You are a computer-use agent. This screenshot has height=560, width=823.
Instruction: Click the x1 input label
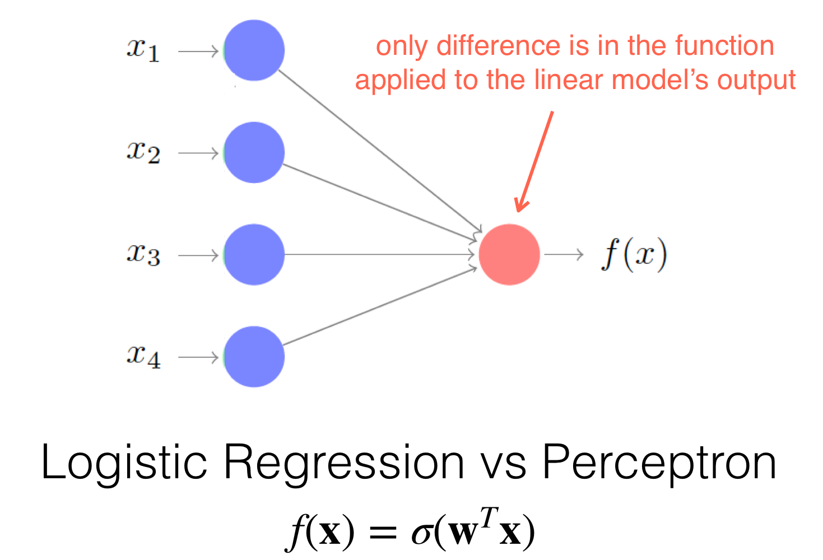pyautogui.click(x=143, y=50)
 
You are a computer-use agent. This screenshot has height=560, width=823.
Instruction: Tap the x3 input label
pyautogui.click(x=143, y=254)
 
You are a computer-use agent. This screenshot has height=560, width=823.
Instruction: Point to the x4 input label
pyautogui.click(x=143, y=357)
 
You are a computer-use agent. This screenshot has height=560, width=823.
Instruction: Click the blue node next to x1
pyautogui.click(x=254, y=50)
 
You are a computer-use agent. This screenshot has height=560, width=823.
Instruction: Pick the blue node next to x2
pyautogui.click(x=254, y=152)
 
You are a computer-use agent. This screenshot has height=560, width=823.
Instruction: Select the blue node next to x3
pyautogui.click(x=254, y=254)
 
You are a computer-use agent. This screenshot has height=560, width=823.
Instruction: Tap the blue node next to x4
pyautogui.click(x=254, y=357)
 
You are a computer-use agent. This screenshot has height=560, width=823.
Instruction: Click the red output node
pyautogui.click(x=509, y=254)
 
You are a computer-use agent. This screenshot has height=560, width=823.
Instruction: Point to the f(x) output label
pyautogui.click(x=634, y=254)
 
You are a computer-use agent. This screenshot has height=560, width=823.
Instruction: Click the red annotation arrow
pyautogui.click(x=534, y=162)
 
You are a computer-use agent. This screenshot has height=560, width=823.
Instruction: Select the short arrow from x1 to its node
pyautogui.click(x=198, y=51)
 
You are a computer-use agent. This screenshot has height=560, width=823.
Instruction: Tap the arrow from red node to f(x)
pyautogui.click(x=564, y=254)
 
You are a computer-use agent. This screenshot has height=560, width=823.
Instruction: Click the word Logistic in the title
pyautogui.click(x=124, y=463)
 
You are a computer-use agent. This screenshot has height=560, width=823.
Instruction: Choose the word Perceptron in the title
pyautogui.click(x=659, y=463)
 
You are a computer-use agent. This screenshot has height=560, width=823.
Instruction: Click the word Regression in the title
pyautogui.click(x=344, y=463)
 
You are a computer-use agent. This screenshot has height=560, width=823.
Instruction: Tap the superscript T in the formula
pyautogui.click(x=489, y=517)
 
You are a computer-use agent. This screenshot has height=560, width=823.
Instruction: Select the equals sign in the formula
pyautogui.click(x=383, y=532)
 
